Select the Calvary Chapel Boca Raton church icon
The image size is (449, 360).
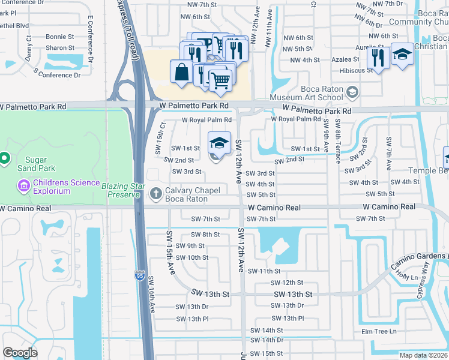[x=156, y=193]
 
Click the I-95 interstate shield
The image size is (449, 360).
[x=139, y=275]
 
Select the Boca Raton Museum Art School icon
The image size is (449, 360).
[x=352, y=92]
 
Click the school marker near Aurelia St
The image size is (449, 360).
[x=402, y=55]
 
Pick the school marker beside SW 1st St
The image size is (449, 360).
[x=219, y=143]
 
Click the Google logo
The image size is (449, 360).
[x=20, y=353]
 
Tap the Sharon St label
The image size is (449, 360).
[x=60, y=48]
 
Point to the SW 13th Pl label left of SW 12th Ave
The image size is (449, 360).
[x=192, y=319]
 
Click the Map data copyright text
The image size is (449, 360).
[x=423, y=355]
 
